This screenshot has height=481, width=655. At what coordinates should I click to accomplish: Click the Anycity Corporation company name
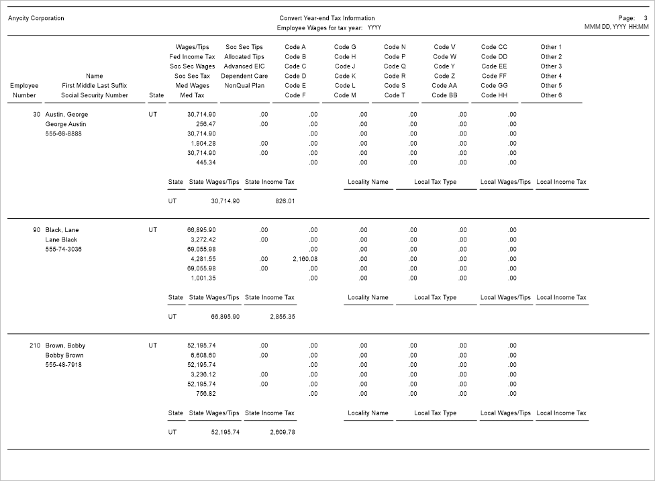tap(36, 18)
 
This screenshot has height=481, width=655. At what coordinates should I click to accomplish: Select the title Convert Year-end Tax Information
tap(327, 18)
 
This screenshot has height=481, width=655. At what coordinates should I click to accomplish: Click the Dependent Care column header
tap(244, 76)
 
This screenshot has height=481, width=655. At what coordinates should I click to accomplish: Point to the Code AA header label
tap(444, 86)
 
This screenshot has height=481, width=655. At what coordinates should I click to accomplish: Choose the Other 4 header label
tap(551, 76)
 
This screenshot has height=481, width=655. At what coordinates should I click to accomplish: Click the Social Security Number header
tap(95, 95)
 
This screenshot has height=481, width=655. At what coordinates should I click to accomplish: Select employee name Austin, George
tap(66, 115)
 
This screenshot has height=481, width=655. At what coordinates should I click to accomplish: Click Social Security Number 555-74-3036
tap(64, 250)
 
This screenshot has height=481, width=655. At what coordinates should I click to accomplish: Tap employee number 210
tap(35, 346)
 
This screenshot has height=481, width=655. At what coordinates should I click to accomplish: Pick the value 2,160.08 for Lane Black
tap(305, 259)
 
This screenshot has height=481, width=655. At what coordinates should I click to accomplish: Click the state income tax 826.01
tap(285, 201)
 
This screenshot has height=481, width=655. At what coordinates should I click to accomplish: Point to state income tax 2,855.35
tap(282, 317)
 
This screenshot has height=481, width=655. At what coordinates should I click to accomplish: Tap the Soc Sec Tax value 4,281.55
tap(203, 259)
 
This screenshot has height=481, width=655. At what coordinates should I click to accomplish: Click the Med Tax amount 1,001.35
tap(203, 278)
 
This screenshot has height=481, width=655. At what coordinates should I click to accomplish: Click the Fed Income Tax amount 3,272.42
tap(203, 239)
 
